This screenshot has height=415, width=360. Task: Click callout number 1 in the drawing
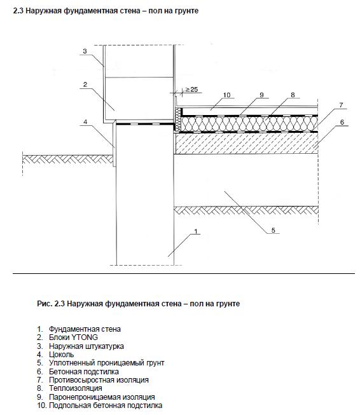pyautogui.click(x=197, y=232)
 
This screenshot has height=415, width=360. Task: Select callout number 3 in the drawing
pyautogui.click(x=84, y=51)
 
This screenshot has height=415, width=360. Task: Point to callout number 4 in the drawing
pyautogui.click(x=85, y=122)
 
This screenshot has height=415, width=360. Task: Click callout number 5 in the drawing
pyautogui.click(x=273, y=231)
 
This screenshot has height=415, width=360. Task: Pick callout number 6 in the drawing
pyautogui.click(x=342, y=122)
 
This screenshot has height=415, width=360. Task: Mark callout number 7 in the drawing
pyautogui.click(x=342, y=104)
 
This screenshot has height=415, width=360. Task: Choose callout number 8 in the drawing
pyautogui.click(x=293, y=95)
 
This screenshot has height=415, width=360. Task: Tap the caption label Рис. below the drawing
pyautogui.click(x=44, y=304)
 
